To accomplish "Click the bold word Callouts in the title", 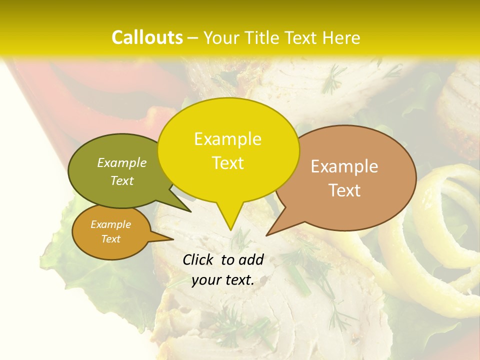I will point(147,37).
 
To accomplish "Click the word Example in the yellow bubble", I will point(227,139).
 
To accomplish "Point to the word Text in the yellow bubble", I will point(227,163).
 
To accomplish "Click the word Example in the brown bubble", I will point(344,166).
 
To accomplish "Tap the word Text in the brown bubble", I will point(344,190).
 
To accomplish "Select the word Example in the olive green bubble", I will point(122,162).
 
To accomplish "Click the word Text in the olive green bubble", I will point(122,180).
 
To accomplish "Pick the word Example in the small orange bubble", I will point(110,224).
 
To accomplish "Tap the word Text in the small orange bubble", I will point(110,239).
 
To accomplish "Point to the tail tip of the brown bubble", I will point(267,234).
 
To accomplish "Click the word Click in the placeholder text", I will point(199,259).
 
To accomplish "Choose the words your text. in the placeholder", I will point(222,280).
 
